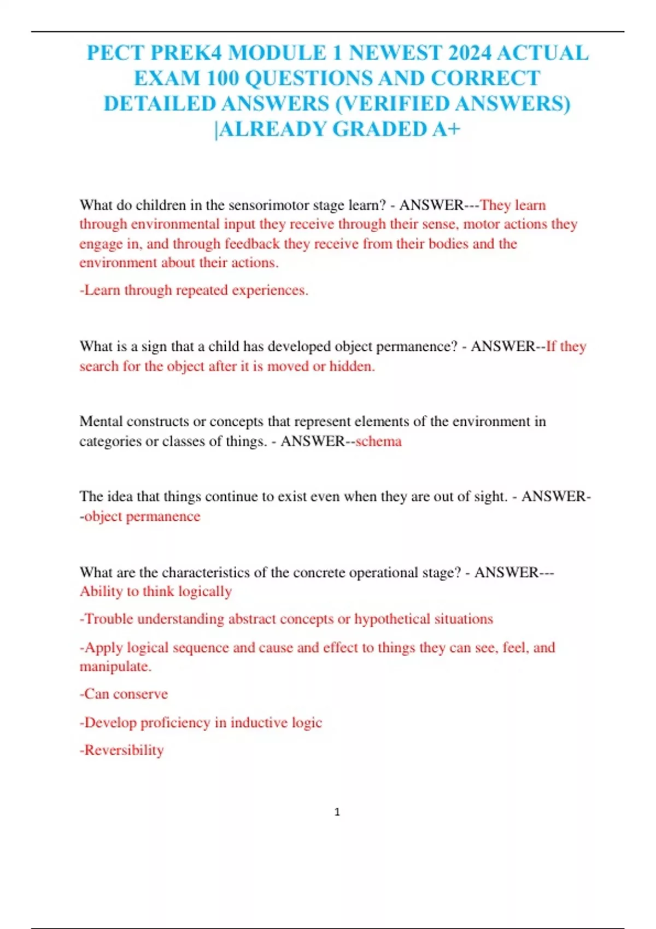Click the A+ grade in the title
(446, 129)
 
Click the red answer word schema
(378, 441)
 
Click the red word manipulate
(115, 667)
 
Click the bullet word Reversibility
(124, 750)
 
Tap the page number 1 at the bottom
(337, 812)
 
